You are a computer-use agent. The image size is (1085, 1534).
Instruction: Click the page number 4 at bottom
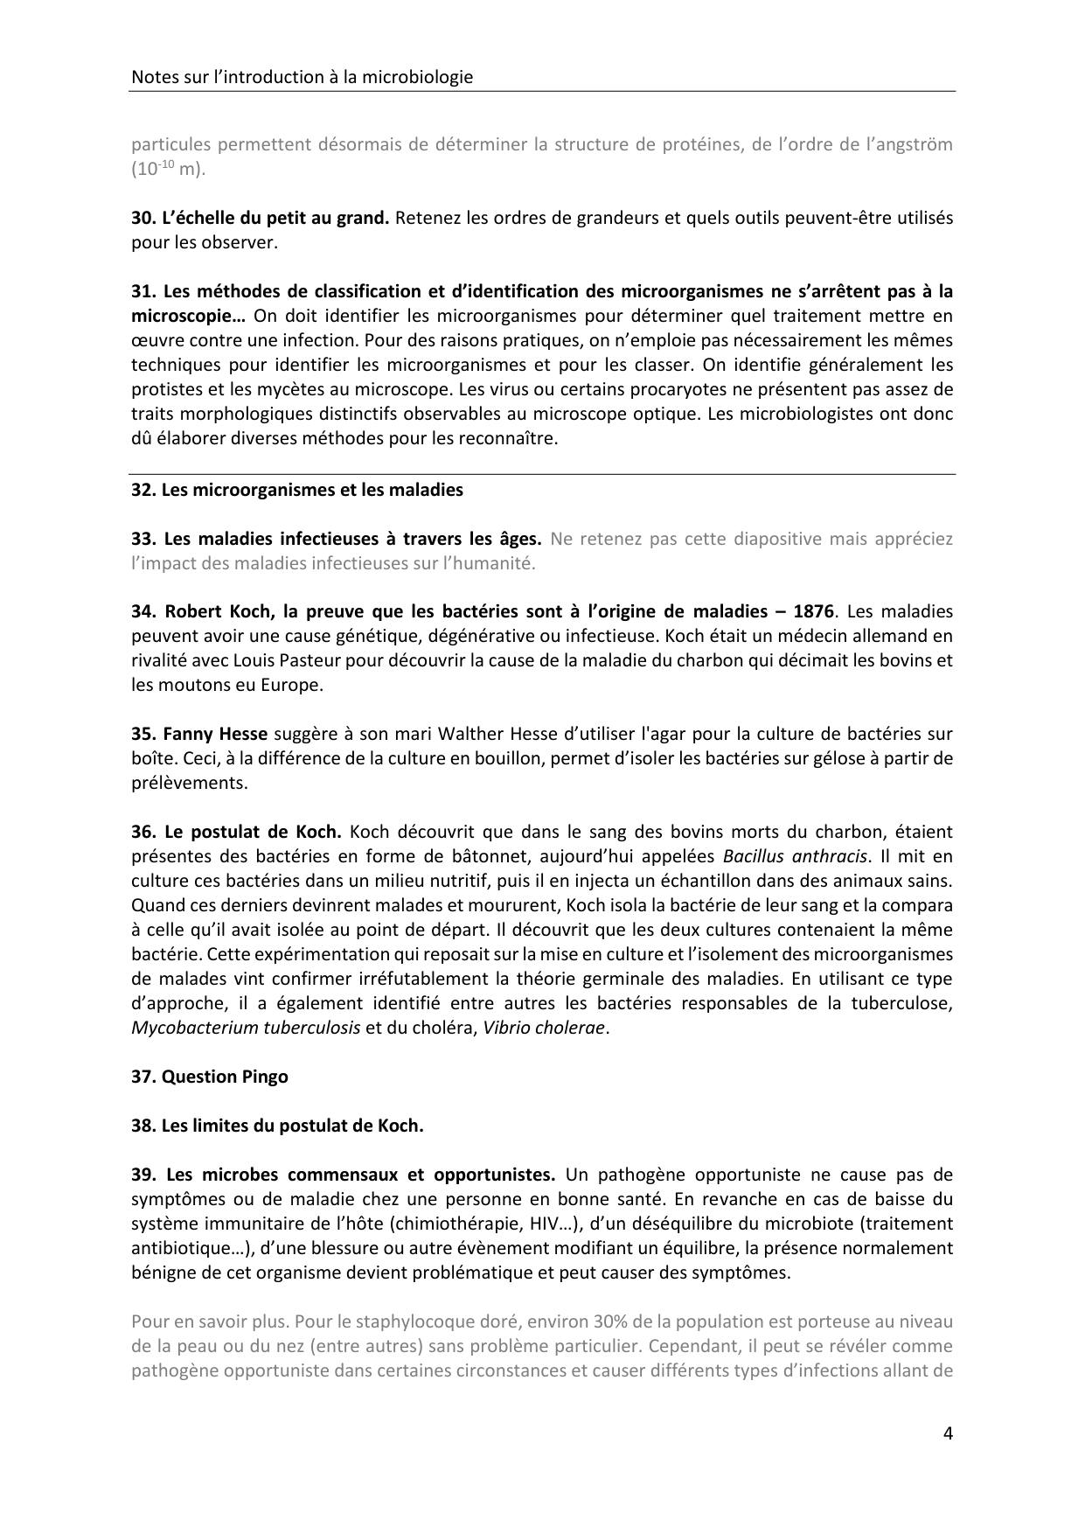point(948,1433)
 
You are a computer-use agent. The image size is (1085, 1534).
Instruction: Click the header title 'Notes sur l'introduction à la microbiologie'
point(302,77)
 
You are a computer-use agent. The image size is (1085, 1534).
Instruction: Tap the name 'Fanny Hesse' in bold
point(211,734)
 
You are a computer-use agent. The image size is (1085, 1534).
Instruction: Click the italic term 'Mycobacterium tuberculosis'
point(246,1028)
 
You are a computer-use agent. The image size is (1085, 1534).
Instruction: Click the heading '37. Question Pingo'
point(210,1077)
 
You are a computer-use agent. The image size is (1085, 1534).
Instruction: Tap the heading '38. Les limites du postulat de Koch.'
point(277,1126)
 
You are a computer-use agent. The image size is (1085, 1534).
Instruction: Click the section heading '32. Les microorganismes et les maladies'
point(297,490)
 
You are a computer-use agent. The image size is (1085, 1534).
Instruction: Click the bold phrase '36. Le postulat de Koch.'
point(236,832)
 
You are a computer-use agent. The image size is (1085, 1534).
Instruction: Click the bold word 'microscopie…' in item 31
point(187,316)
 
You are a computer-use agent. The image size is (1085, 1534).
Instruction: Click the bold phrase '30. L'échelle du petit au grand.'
point(260,218)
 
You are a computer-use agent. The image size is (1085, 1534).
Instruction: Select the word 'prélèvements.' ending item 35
point(190,783)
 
